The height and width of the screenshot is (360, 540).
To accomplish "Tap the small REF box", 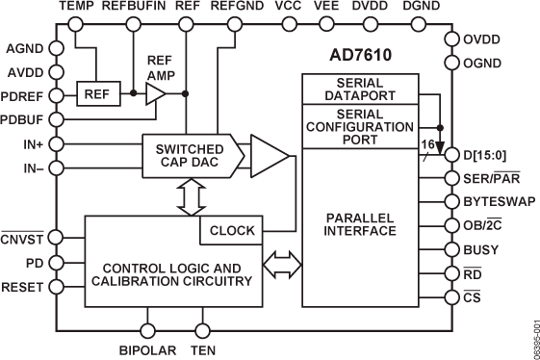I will tap(96, 93).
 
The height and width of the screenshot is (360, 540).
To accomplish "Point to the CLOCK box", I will tap(232, 231).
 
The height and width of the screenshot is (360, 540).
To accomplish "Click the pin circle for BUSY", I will tap(453, 248).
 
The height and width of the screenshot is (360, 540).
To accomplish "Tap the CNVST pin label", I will tap(23, 237).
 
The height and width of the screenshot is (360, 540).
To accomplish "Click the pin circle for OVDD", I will tap(453, 39).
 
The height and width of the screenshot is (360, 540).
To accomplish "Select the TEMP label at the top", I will tap(77, 7).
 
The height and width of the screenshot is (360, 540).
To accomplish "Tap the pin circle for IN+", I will tap(56, 143).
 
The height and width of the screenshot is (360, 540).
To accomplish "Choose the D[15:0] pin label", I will tap(492, 156).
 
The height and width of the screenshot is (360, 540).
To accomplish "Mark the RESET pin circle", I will tap(56, 285).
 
